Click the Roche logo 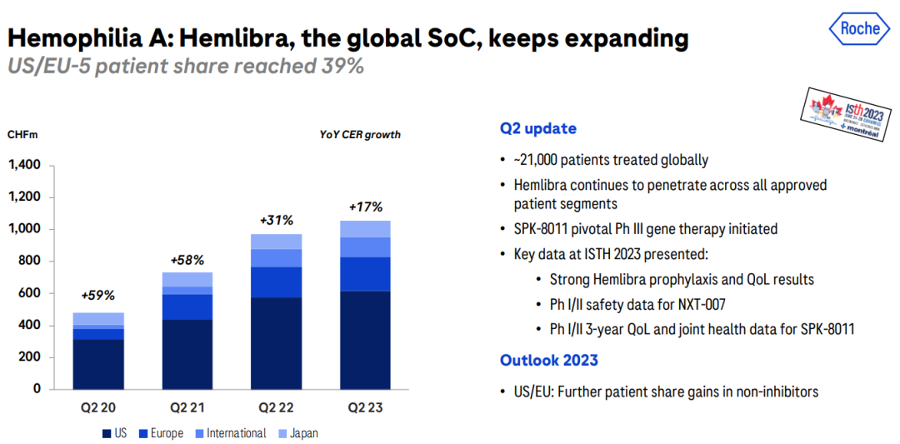pos(859,28)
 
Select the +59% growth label pos(97,295)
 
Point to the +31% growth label pos(276,220)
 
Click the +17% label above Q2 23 pos(364,207)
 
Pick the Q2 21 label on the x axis pos(187,407)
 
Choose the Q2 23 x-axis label pos(365,407)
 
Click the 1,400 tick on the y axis pos(24,165)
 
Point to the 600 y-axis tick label pos(30,293)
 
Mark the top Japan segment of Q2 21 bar pos(187,279)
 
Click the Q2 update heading pos(537,129)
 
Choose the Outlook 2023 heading pos(548,360)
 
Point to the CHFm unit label pos(22,135)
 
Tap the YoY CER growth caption pos(360,135)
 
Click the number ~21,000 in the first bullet pos(540,160)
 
